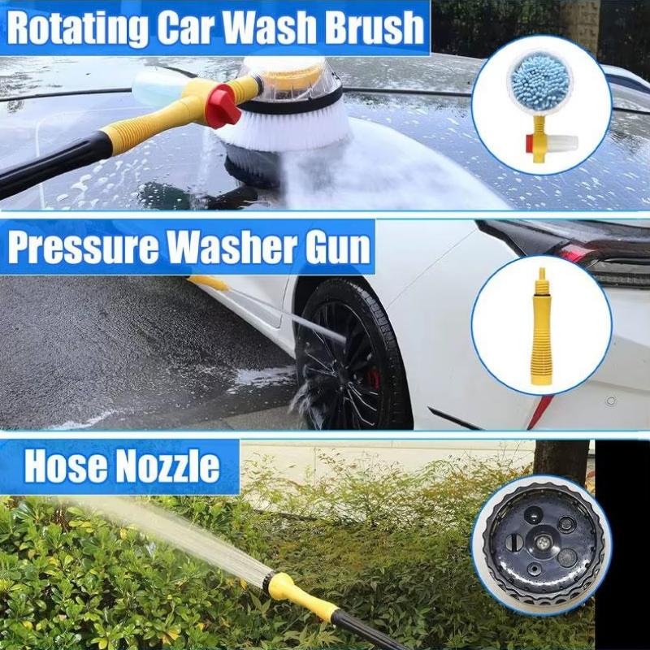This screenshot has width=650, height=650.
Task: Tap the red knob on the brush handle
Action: [221, 104]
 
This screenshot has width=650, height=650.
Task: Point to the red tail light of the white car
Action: [573, 254]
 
